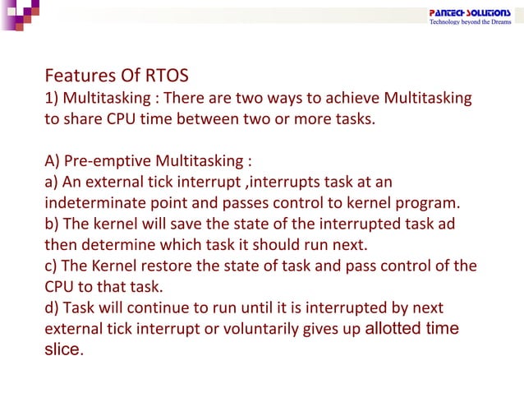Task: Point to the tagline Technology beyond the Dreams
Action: coord(471,22)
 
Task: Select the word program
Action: coord(430,203)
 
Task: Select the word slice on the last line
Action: coord(62,349)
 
